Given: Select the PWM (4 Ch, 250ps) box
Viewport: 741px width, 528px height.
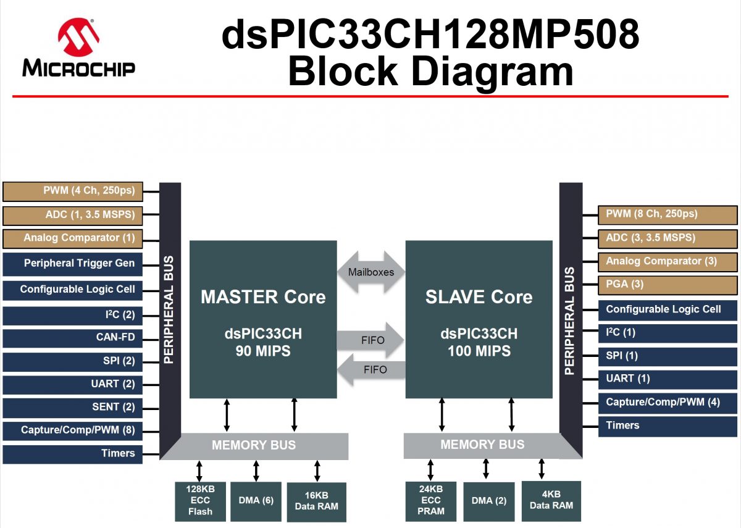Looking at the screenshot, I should (x=73, y=191).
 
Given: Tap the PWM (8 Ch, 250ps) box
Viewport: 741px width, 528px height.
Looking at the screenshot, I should (x=668, y=214).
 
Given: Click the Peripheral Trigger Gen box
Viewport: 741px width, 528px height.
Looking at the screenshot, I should (x=73, y=264).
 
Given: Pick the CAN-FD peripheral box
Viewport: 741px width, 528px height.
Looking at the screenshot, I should (x=73, y=337).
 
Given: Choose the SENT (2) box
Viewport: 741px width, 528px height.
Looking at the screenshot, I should (x=73, y=407).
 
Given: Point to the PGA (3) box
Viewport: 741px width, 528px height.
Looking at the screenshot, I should (x=668, y=285).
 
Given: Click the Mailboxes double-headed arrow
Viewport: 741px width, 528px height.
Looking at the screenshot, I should (x=371, y=272).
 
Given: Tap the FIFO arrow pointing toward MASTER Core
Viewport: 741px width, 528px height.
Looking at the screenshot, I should (x=371, y=369).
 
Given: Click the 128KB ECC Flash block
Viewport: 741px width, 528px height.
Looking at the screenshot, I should (x=200, y=500).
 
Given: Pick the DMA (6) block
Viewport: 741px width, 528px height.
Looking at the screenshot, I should (x=256, y=501).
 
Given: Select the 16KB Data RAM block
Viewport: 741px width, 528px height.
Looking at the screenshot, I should (x=317, y=501).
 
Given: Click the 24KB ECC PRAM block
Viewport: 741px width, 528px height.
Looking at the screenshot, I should (x=431, y=500).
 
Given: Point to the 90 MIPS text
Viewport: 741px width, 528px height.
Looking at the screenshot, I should (x=262, y=351).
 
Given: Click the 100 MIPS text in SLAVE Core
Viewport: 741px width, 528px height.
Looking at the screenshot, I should (x=479, y=351).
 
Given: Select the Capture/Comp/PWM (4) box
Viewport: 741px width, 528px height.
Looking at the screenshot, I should (x=668, y=402).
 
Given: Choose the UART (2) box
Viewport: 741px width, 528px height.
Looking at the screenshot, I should (x=73, y=384).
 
